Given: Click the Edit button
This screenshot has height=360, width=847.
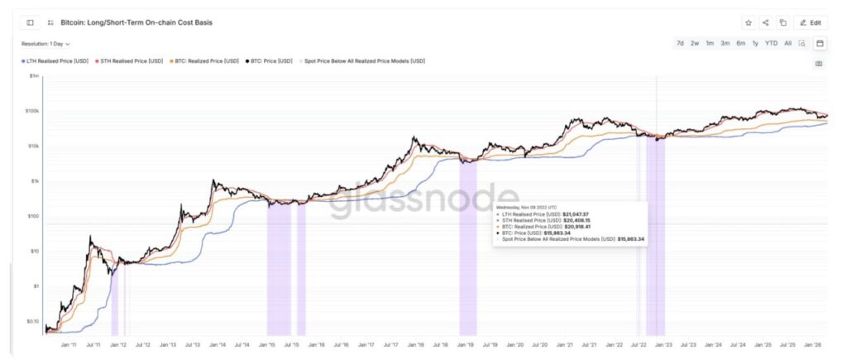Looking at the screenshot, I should tap(810, 23).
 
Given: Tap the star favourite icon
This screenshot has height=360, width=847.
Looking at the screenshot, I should tap(748, 23).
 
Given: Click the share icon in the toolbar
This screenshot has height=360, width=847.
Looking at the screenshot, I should tap(765, 23).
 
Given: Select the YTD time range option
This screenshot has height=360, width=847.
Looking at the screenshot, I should tap(771, 43).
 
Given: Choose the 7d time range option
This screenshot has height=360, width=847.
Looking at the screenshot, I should tap(680, 43).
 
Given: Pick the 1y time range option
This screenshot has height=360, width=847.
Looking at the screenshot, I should tap(755, 43).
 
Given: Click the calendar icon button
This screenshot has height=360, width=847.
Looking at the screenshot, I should tap(820, 43).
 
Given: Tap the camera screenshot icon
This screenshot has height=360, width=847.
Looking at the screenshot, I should tap(819, 63).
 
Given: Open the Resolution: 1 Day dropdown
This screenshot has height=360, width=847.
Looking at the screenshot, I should tap(46, 44).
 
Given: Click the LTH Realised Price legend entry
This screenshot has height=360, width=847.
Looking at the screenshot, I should tap(55, 61).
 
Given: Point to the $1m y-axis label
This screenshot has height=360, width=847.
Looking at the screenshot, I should tap(34, 76).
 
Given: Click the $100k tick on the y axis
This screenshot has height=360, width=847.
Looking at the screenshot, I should tap(32, 111).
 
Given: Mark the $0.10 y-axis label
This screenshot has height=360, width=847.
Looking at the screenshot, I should tap(32, 320).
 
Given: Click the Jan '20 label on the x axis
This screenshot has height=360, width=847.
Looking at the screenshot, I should tap(514, 343).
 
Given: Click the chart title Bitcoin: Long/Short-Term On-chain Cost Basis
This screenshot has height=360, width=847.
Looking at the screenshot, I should tap(136, 22).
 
